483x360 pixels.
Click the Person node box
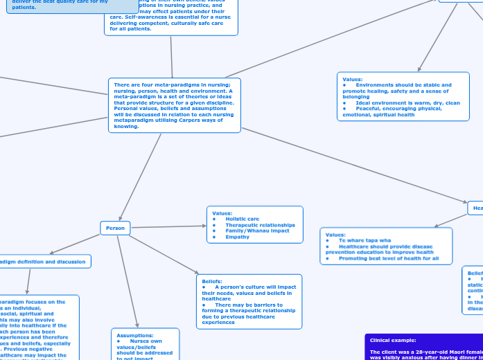tap(116, 228)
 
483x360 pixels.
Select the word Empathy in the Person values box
tap(237, 237)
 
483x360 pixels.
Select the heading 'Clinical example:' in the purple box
tap(393, 341)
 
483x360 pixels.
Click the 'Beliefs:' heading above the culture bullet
tap(212, 281)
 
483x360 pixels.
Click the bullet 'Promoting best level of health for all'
tap(388, 258)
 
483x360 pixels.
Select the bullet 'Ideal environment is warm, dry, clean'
tap(407, 102)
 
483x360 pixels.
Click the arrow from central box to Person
tap(141, 177)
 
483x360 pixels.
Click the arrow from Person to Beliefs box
tap(165, 255)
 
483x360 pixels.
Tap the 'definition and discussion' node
tap(44, 262)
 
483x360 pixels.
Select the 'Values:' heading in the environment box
tap(352, 80)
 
